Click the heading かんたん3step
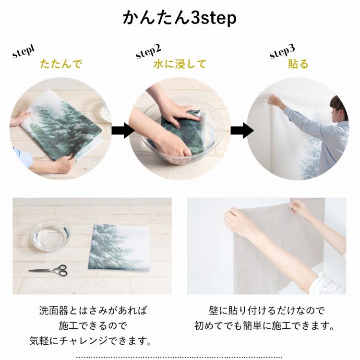click(180, 18)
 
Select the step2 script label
click(148, 51)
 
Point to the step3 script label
click(282, 51)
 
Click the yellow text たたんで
click(61, 64)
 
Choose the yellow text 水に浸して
click(180, 64)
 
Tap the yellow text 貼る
click(298, 64)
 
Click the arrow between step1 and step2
click(122, 131)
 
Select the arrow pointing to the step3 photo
click(242, 131)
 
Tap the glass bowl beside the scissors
click(51, 234)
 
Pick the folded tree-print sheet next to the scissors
click(119, 247)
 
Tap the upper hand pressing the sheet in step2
click(179, 114)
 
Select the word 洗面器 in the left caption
click(54, 311)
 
